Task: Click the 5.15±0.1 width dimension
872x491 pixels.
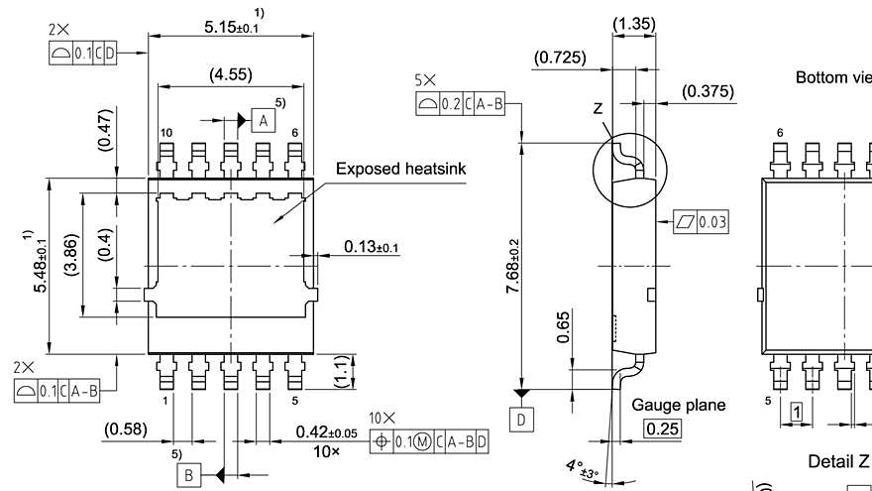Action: click(231, 27)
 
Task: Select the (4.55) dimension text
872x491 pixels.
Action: click(230, 74)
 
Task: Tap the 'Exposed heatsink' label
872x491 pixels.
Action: click(400, 170)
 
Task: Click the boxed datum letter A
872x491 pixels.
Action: click(263, 120)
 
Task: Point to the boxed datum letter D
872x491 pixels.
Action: click(523, 420)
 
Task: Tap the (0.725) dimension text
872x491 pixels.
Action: click(559, 59)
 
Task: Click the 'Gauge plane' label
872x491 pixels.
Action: click(678, 405)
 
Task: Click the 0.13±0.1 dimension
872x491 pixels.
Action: click(372, 246)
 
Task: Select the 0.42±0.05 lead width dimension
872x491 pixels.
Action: click(326, 432)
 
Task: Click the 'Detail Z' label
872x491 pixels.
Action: click(838, 461)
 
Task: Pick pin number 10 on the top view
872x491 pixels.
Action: click(165, 133)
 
